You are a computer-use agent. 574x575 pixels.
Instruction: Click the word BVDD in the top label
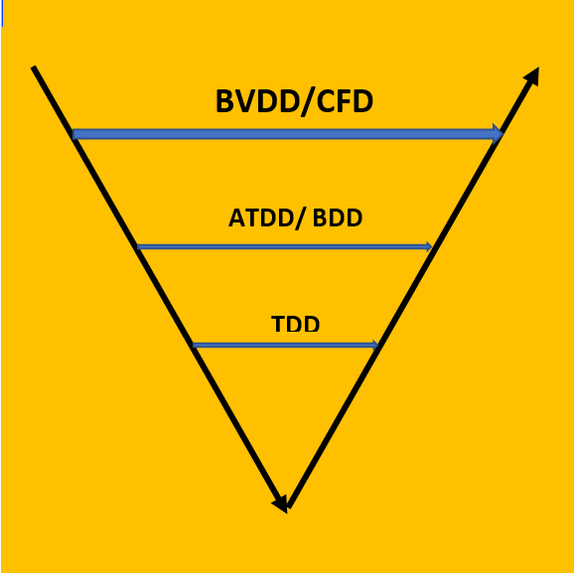click(x=256, y=101)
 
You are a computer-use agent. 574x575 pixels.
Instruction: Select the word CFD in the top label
click(x=345, y=101)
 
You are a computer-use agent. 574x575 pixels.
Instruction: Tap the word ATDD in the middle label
click(x=260, y=217)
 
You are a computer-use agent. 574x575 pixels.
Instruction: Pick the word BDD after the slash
click(x=338, y=217)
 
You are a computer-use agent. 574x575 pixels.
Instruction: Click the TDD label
click(x=296, y=324)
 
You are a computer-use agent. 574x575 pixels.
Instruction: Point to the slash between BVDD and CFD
click(x=306, y=102)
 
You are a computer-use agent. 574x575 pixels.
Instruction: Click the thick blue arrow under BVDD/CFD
click(x=288, y=134)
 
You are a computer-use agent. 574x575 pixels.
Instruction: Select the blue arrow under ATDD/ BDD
click(x=284, y=247)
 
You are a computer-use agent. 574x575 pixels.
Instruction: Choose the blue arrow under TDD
click(x=285, y=345)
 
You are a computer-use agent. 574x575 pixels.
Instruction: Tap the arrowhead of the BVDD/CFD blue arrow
click(x=498, y=134)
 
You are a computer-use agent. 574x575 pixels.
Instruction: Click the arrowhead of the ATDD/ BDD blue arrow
click(x=429, y=247)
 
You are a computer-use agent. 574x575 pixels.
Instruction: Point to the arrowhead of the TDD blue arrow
click(x=375, y=345)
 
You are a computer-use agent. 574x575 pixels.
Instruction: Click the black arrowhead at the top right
click(x=532, y=76)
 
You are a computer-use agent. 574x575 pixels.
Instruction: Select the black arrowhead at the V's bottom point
click(x=281, y=504)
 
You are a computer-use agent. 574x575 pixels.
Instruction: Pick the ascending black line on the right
click(x=412, y=288)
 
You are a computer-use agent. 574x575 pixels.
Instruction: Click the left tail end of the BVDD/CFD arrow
click(x=72, y=134)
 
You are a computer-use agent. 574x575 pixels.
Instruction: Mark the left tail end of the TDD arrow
click(x=194, y=345)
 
